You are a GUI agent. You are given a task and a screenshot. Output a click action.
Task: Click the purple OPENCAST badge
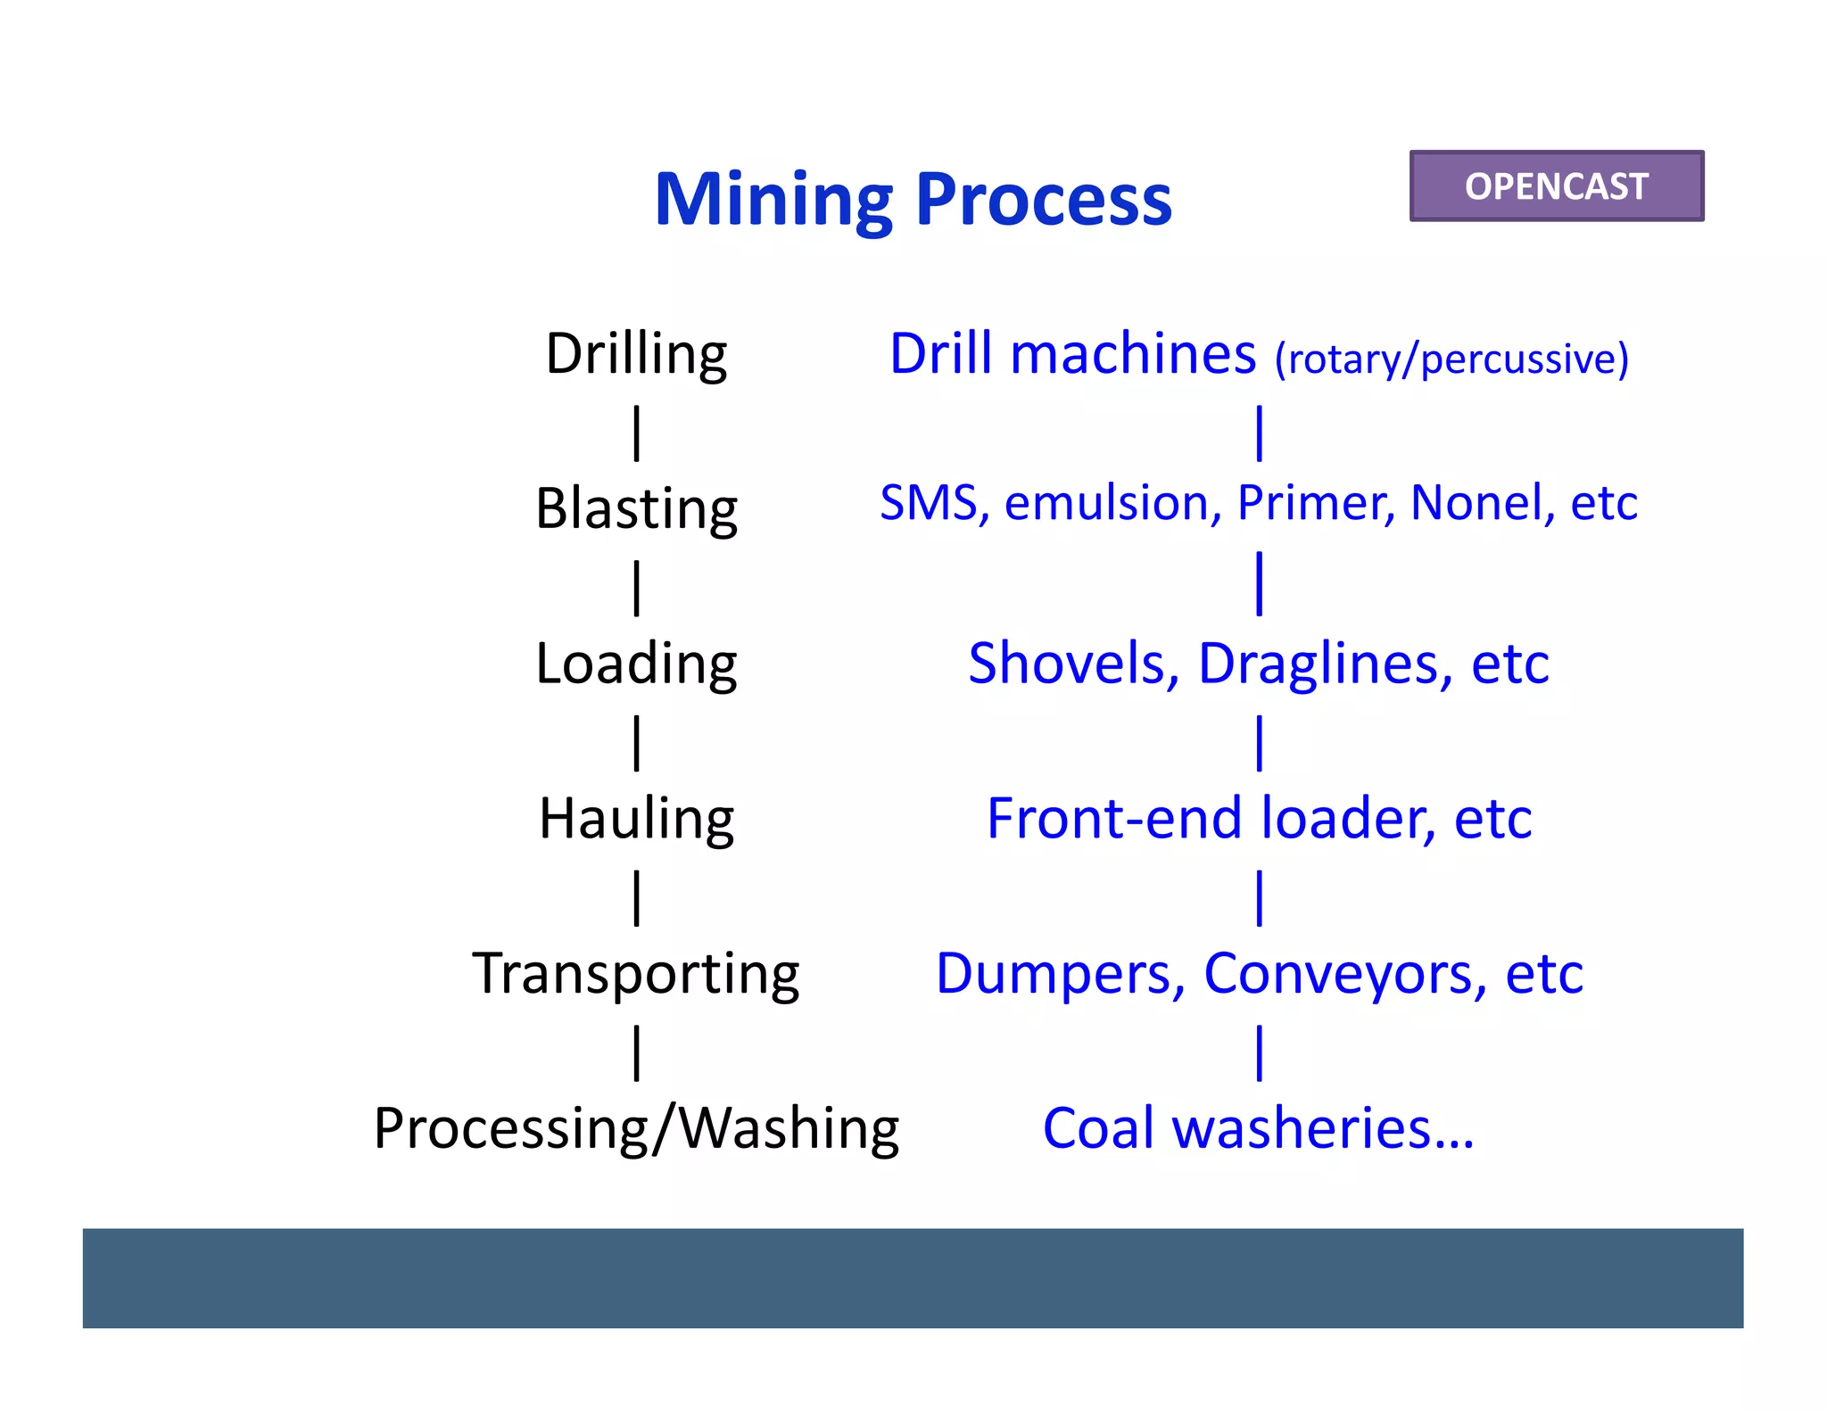1556,186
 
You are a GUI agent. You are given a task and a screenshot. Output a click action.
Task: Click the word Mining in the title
773,200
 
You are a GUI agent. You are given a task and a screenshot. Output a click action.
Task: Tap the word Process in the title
1043,200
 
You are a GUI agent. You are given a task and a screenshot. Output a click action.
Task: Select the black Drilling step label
636,354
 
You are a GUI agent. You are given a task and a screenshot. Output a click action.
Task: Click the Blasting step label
636,508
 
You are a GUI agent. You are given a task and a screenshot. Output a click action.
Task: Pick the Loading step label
636,664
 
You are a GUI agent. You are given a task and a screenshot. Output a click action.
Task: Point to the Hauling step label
636,819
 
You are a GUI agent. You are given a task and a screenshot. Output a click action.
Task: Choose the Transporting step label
636,973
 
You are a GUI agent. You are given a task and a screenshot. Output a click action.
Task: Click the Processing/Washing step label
636,1128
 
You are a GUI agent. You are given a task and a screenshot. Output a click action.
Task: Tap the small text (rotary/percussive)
1451,359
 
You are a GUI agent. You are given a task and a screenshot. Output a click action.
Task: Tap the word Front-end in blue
1113,819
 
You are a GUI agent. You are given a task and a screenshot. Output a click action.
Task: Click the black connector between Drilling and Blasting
636,433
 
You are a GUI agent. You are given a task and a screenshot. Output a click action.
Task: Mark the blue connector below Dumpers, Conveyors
1259,1052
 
